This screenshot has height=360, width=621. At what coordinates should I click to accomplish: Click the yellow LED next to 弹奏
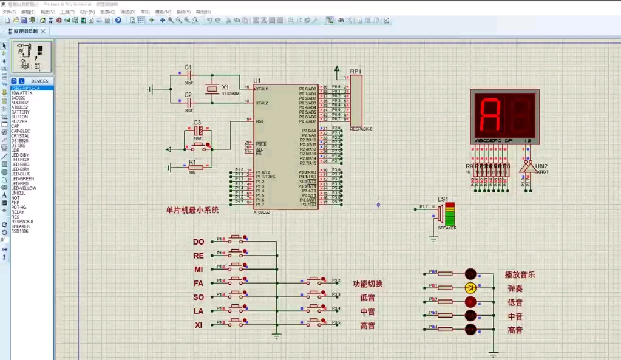coord(470,288)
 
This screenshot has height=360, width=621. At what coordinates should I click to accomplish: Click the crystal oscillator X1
coord(211,89)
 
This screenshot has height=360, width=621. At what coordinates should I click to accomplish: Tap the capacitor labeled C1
coord(188,75)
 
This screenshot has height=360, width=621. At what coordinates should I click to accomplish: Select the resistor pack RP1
coord(356,100)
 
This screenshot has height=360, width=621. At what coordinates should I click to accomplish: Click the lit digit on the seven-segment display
coord(490,115)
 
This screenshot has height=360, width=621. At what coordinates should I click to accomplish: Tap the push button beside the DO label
coord(236,240)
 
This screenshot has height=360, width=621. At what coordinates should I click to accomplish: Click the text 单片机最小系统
coord(192,211)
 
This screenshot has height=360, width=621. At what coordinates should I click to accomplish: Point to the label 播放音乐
coord(520,274)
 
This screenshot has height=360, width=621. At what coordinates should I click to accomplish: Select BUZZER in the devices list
coord(19,121)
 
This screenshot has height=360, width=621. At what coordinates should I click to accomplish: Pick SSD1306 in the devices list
coord(20,231)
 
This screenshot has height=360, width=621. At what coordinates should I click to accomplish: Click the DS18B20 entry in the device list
coord(20,140)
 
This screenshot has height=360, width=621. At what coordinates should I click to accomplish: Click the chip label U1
coord(257,81)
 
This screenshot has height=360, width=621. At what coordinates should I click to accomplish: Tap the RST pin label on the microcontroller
coord(260,121)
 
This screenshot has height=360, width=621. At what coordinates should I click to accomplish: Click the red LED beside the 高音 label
coord(470,330)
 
